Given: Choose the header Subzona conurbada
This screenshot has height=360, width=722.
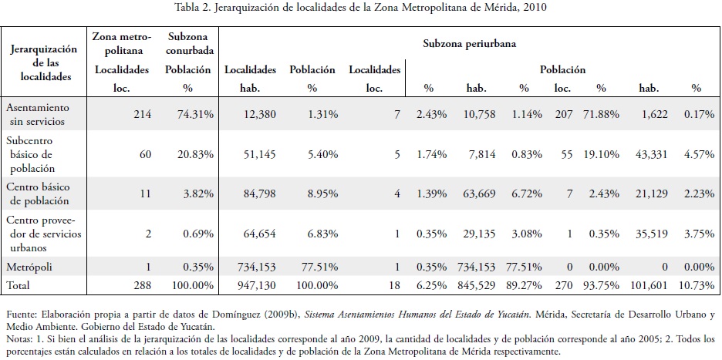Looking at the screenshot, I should (x=188, y=43).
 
